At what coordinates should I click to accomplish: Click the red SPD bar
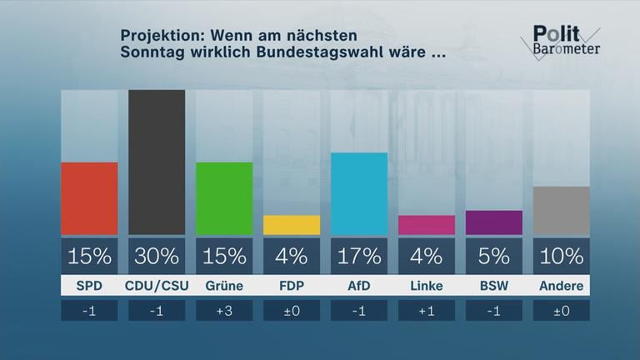click(89, 198)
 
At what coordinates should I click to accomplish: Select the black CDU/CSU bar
click(157, 162)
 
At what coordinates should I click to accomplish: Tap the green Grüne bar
click(224, 198)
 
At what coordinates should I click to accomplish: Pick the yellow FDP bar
click(292, 225)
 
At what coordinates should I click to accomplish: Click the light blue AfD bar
click(359, 193)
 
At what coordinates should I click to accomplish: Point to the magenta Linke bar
click(427, 225)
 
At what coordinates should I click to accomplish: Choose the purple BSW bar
click(494, 222)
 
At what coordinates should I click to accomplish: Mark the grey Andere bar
click(562, 211)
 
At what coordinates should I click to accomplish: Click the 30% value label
click(157, 256)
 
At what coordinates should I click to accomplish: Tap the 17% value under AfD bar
click(359, 256)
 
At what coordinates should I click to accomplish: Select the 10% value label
click(562, 256)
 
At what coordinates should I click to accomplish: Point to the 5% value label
click(494, 256)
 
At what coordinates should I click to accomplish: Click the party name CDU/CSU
click(157, 287)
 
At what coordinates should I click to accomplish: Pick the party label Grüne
click(224, 287)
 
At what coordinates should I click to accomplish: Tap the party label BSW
click(494, 287)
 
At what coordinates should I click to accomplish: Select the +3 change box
click(224, 311)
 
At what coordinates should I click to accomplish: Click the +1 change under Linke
click(427, 311)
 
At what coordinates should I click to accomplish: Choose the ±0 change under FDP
click(292, 311)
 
